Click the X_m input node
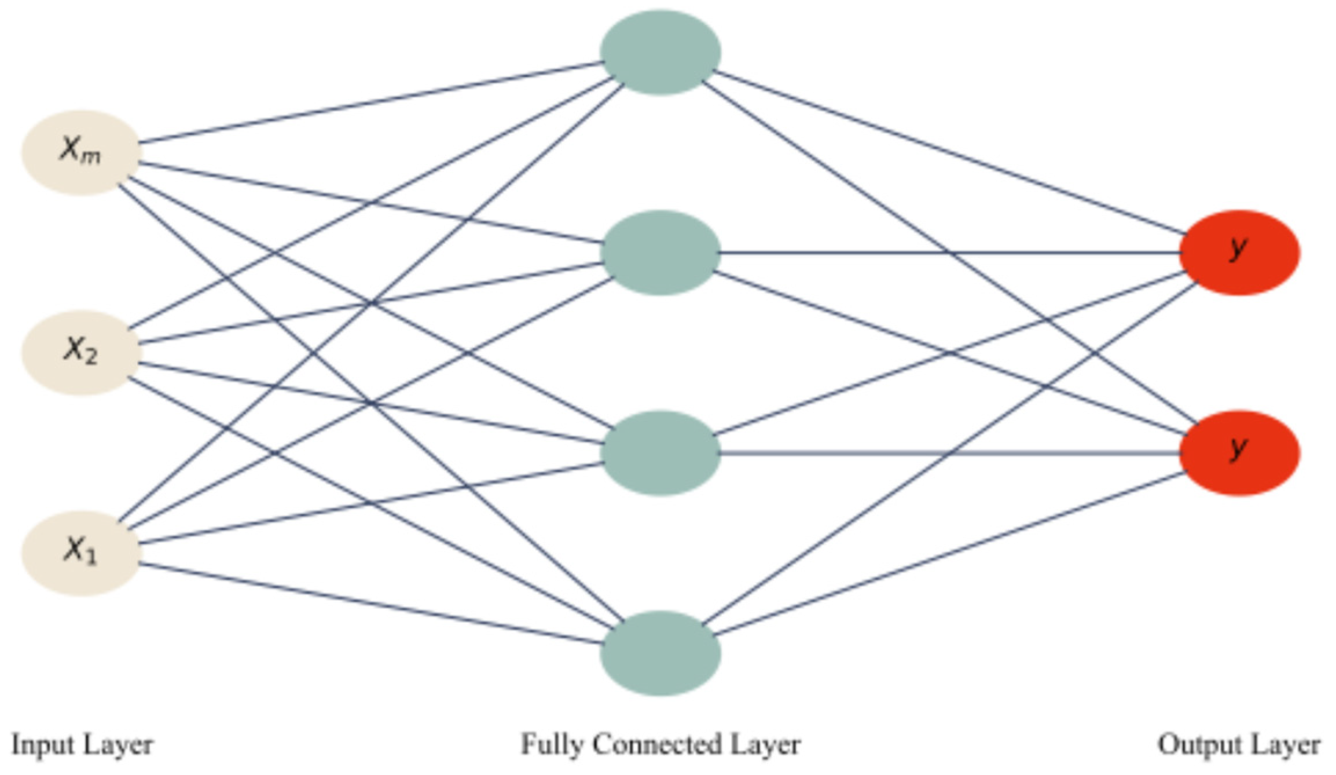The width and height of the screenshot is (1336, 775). (x=81, y=152)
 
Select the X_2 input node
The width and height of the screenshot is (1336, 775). (x=81, y=352)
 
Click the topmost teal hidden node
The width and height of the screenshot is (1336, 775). (x=660, y=52)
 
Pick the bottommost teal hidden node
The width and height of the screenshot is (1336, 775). (x=660, y=653)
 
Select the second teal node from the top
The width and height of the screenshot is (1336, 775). (x=660, y=253)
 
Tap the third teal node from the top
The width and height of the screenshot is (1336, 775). (x=660, y=453)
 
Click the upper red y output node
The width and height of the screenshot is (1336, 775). (x=1239, y=253)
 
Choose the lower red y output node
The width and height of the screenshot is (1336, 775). (x=1239, y=453)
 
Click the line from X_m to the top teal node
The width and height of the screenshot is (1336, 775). (x=370, y=102)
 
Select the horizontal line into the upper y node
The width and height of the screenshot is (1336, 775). (x=949, y=253)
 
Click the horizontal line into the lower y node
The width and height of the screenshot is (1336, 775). (x=949, y=453)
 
